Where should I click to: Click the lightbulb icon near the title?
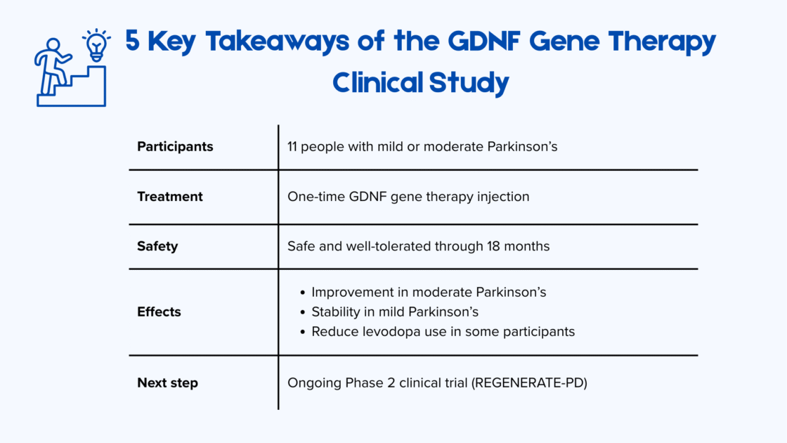click(x=96, y=45)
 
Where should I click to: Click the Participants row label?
click(x=175, y=147)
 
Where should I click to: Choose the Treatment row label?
click(x=170, y=197)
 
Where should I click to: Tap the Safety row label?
click(x=157, y=246)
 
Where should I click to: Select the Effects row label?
click(x=159, y=312)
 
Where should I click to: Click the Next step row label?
click(x=167, y=383)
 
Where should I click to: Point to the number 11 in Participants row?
click(x=294, y=147)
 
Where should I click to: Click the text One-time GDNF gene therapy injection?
click(x=408, y=197)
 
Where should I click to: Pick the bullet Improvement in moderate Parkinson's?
click(x=429, y=292)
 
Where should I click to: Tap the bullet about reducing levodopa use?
click(x=443, y=331)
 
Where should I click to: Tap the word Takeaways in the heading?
click(x=268, y=42)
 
